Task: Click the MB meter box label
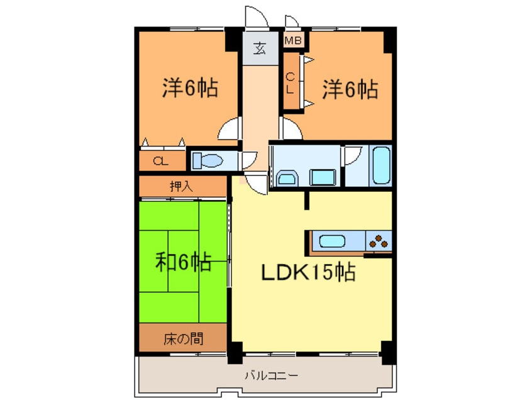click(x=293, y=41)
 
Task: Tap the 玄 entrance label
click(x=260, y=49)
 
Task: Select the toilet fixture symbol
click(x=207, y=160)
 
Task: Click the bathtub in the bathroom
click(x=381, y=165)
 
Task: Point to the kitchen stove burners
click(x=379, y=240)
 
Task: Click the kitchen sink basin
click(x=333, y=242)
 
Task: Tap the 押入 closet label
click(x=181, y=186)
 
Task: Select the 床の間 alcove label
click(x=184, y=338)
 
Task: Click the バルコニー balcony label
click(x=272, y=375)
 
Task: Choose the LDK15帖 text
click(x=308, y=272)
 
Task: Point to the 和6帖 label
click(x=184, y=262)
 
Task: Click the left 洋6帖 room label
click(x=190, y=87)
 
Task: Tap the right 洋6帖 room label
click(x=350, y=89)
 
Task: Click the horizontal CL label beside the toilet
click(x=160, y=161)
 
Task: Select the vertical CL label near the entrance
click(x=290, y=84)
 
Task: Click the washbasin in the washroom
click(x=287, y=178)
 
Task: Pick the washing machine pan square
click(x=323, y=177)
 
